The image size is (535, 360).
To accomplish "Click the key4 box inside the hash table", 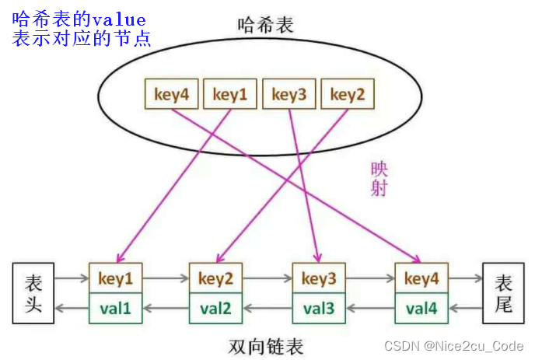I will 171,96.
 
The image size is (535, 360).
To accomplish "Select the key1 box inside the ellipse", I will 230,96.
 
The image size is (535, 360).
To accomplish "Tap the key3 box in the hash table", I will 289,96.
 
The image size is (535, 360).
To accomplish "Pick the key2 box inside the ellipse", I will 348,96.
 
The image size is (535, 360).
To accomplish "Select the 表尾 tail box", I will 504,293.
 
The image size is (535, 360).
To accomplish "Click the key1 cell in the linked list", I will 116,278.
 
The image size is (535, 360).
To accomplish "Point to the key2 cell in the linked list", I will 216,278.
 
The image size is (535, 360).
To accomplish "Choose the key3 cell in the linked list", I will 318,278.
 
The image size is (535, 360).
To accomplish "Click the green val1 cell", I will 116,309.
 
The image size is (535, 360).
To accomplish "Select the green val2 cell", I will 216,309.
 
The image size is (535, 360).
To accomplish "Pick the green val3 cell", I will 318,309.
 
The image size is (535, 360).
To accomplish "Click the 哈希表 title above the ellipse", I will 266,25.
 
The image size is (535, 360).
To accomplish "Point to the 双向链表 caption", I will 267,346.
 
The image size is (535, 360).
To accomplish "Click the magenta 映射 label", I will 379,178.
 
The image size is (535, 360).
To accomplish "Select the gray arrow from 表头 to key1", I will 72,277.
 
